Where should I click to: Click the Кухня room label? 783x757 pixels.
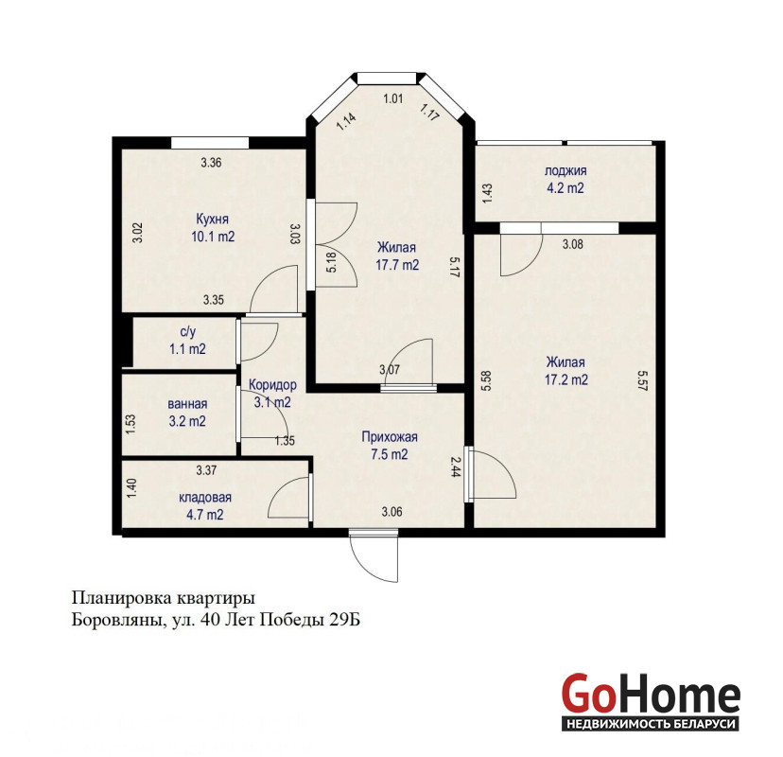click(x=212, y=220)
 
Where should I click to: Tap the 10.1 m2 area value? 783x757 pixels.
click(x=213, y=237)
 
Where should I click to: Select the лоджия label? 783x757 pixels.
click(x=565, y=171)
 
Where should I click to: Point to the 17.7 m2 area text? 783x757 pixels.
click(x=397, y=265)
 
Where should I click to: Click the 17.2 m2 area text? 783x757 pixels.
click(x=565, y=379)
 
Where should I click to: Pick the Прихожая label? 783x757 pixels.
click(x=390, y=438)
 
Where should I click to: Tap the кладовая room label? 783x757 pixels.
click(x=205, y=498)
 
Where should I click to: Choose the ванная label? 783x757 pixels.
click(x=187, y=404)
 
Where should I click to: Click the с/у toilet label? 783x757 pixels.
click(x=188, y=332)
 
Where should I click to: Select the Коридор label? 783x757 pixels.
click(x=272, y=385)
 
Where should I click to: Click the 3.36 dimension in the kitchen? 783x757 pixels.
click(x=211, y=163)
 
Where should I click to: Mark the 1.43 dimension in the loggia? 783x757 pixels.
click(x=487, y=194)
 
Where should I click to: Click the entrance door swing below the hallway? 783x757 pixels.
click(x=374, y=558)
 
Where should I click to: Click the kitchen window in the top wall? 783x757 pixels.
click(x=210, y=142)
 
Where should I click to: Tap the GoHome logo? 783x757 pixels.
click(x=651, y=701)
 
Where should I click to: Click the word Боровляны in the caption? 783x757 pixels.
click(x=117, y=620)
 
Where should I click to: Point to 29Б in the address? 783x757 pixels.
click(x=344, y=620)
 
